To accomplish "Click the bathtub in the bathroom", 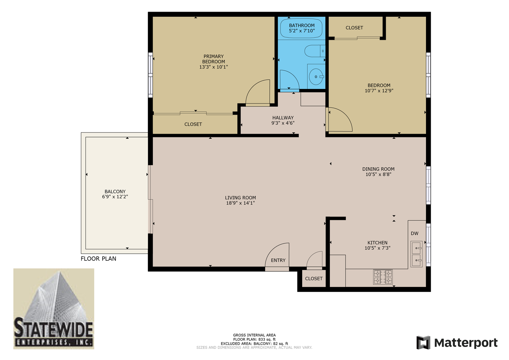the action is pyautogui.click(x=301, y=28).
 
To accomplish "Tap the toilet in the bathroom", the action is pyautogui.click(x=315, y=51).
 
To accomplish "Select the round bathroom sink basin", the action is pyautogui.click(x=316, y=77).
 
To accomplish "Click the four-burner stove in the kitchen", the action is pyautogui.click(x=383, y=277).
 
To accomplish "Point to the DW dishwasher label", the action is pyautogui.click(x=414, y=233).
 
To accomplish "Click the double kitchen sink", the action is pyautogui.click(x=416, y=254).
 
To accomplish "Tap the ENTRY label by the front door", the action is pyautogui.click(x=278, y=260).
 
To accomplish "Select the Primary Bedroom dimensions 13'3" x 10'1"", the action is pyautogui.click(x=214, y=67).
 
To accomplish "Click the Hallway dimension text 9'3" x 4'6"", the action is pyautogui.click(x=283, y=123).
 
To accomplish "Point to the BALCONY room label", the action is pyautogui.click(x=115, y=191).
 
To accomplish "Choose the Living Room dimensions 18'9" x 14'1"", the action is pyautogui.click(x=241, y=203).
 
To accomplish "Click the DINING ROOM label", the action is pyautogui.click(x=378, y=169).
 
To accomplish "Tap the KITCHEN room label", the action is pyautogui.click(x=377, y=243).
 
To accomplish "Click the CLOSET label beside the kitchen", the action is pyautogui.click(x=314, y=279).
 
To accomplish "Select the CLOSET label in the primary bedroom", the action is pyautogui.click(x=193, y=124).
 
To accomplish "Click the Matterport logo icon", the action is pyautogui.click(x=423, y=342).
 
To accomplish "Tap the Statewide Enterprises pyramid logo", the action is pyautogui.click(x=54, y=309).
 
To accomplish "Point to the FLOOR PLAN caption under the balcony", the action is pyautogui.click(x=98, y=259).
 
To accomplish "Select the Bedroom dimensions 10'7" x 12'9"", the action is pyautogui.click(x=379, y=91).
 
